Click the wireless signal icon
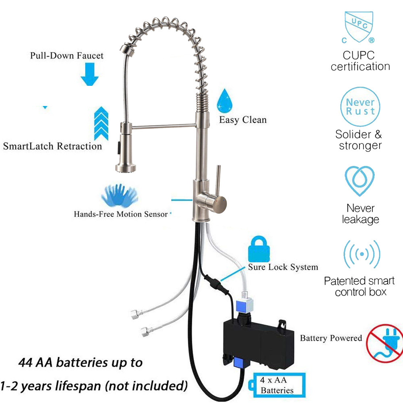click(x=361, y=255)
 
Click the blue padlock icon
click(x=258, y=249)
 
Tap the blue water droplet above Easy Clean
click(x=224, y=101)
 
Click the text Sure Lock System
click(x=283, y=267)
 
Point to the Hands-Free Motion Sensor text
click(x=120, y=214)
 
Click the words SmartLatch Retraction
click(x=52, y=146)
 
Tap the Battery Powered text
click(x=331, y=338)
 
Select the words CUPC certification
click(x=360, y=61)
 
